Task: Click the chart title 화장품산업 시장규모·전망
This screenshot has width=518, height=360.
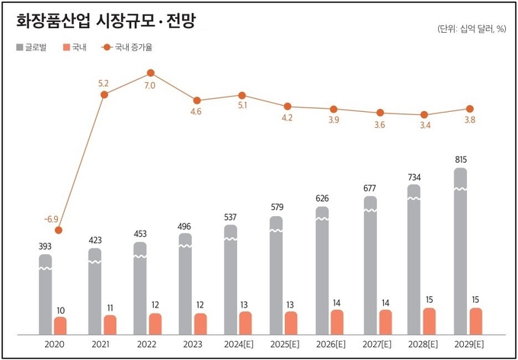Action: click(x=106, y=21)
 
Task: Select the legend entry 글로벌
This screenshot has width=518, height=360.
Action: click(x=31, y=48)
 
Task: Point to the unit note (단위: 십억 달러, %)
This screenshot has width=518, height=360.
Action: click(x=472, y=29)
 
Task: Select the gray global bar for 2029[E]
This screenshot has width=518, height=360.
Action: click(x=460, y=251)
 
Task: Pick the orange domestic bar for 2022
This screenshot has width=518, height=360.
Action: click(x=155, y=323)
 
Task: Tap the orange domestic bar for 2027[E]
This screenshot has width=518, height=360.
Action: click(x=386, y=322)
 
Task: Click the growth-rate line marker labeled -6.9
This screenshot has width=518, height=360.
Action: click(x=59, y=230)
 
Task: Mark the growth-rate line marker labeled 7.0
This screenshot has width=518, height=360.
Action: click(x=149, y=74)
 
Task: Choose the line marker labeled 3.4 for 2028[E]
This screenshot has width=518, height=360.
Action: click(x=424, y=115)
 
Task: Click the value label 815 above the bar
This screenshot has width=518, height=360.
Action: click(x=460, y=160)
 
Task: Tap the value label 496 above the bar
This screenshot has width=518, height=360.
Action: click(x=185, y=225)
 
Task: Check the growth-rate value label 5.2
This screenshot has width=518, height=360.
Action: click(x=104, y=82)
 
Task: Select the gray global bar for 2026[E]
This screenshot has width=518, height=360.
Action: click(x=322, y=271)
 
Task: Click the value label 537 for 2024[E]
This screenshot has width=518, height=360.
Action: click(x=231, y=217)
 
